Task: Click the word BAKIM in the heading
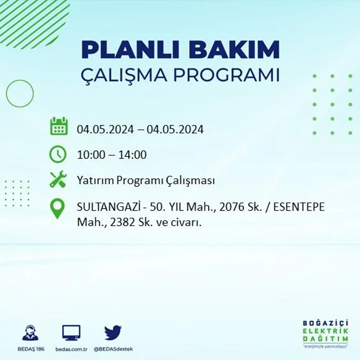pos(231,50)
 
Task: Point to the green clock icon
pos(58,154)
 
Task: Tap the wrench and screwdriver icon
pos(58,180)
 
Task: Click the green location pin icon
pos(57,208)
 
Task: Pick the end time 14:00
pos(132,155)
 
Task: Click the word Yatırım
pos(94,181)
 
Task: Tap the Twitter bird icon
pos(113,332)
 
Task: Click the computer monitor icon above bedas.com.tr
pos(71,332)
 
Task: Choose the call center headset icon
pos(30,333)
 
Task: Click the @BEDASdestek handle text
pos(113,349)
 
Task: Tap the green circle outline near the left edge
pos(20,94)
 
